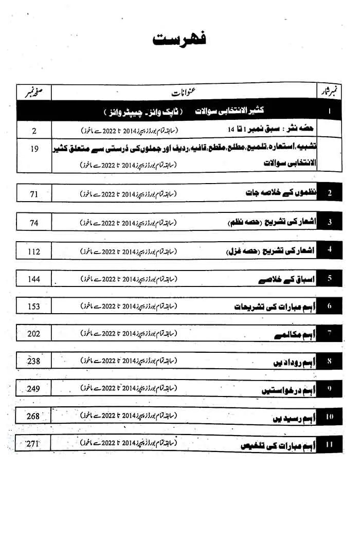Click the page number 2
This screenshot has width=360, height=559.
pyautogui.click(x=34, y=131)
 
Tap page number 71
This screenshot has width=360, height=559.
pyautogui.click(x=34, y=194)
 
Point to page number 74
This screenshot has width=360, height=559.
pyautogui.click(x=34, y=223)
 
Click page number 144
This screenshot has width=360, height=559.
pyautogui.click(x=34, y=279)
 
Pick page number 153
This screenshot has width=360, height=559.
pyautogui.click(x=34, y=306)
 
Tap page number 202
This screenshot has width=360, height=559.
pyautogui.click(x=34, y=334)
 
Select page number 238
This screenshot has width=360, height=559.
pyautogui.click(x=34, y=361)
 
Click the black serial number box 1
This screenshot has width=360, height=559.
pyautogui.click(x=329, y=111)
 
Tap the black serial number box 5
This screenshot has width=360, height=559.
pyautogui.click(x=329, y=279)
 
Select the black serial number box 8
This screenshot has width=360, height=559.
pyautogui.click(x=329, y=361)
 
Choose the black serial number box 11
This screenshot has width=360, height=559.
pyautogui.click(x=329, y=443)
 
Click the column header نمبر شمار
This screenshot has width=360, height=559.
pyautogui.click(x=330, y=93)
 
